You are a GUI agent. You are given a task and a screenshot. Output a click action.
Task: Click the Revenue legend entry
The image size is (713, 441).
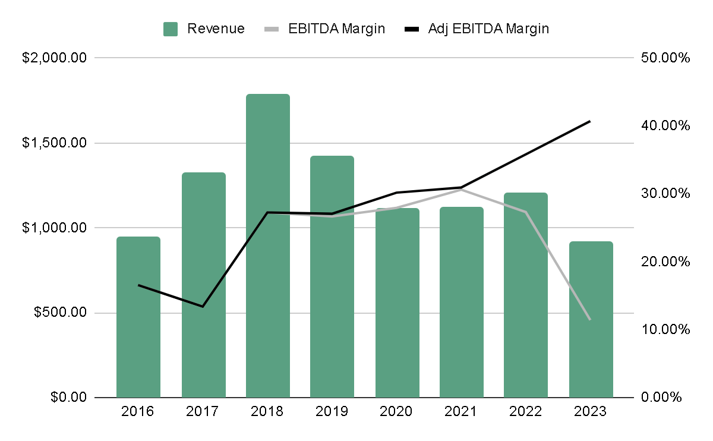click(x=204, y=29)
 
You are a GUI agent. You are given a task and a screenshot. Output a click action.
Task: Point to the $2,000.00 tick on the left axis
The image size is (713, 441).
click(x=55, y=58)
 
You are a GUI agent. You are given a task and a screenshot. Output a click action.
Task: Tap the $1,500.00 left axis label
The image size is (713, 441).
click(x=55, y=143)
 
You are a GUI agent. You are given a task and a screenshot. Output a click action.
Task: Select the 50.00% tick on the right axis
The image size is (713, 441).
click(x=665, y=58)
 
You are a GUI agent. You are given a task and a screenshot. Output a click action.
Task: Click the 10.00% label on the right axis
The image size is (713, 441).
click(x=665, y=329)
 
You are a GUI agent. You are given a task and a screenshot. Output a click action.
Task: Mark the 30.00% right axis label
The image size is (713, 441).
click(x=665, y=194)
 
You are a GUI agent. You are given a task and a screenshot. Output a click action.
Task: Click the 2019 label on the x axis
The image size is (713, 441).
click(x=332, y=411)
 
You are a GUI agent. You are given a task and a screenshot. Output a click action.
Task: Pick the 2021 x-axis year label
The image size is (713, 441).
click(x=461, y=411)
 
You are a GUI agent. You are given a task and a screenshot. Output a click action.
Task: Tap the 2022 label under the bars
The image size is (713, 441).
click(x=526, y=411)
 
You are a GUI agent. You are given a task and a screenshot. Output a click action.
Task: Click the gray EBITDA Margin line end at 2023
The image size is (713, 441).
click(x=590, y=319)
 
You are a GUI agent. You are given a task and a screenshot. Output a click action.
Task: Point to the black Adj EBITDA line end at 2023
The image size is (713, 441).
click(x=590, y=121)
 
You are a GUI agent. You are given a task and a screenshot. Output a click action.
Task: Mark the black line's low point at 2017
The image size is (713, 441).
click(x=203, y=306)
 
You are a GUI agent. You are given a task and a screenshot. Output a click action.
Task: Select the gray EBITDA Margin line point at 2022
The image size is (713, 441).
click(x=526, y=212)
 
